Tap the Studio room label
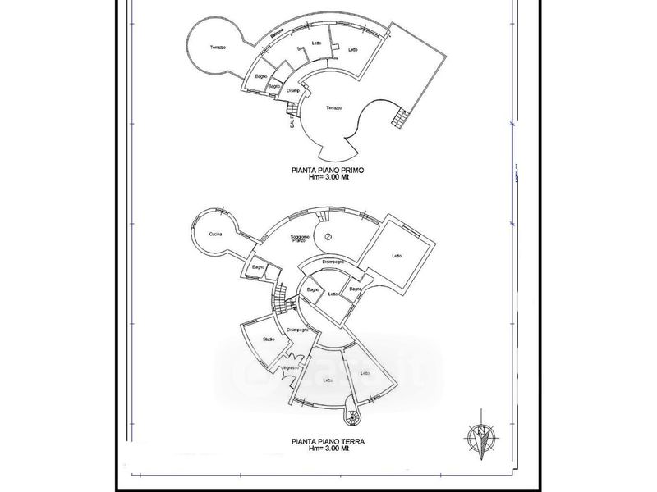268,339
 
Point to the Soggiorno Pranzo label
301,239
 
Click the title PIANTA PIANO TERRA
328,440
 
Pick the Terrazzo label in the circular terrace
218,46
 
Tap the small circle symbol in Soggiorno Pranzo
326,237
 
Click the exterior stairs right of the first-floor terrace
399,119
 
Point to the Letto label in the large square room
397,256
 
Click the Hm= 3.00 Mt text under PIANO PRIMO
328,177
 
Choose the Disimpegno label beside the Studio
297,329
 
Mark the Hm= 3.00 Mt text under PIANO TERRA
328,448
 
